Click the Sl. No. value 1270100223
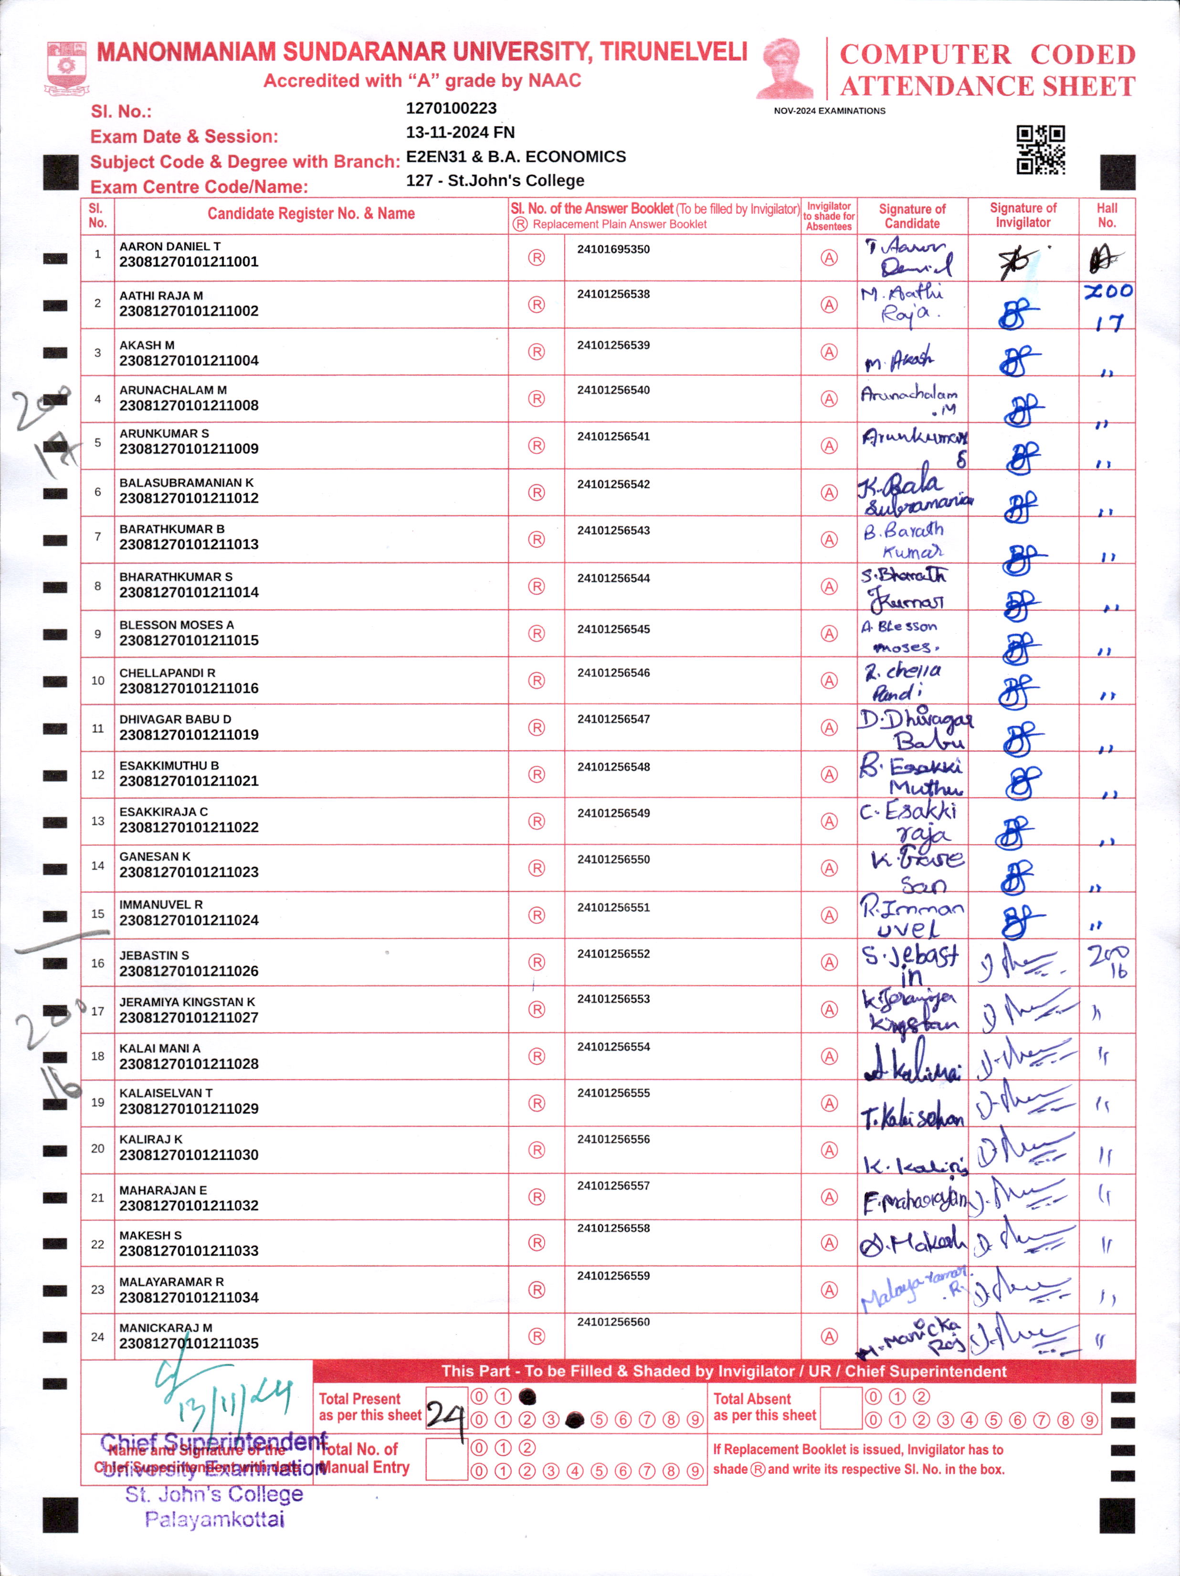tap(451, 108)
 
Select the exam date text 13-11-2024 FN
tap(460, 133)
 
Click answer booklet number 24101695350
tap(613, 249)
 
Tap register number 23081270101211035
tap(189, 1343)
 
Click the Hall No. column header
tap(1106, 215)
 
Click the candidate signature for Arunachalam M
tap(909, 399)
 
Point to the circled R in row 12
tap(537, 775)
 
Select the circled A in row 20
tap(829, 1150)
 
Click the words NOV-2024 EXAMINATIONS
tap(830, 111)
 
